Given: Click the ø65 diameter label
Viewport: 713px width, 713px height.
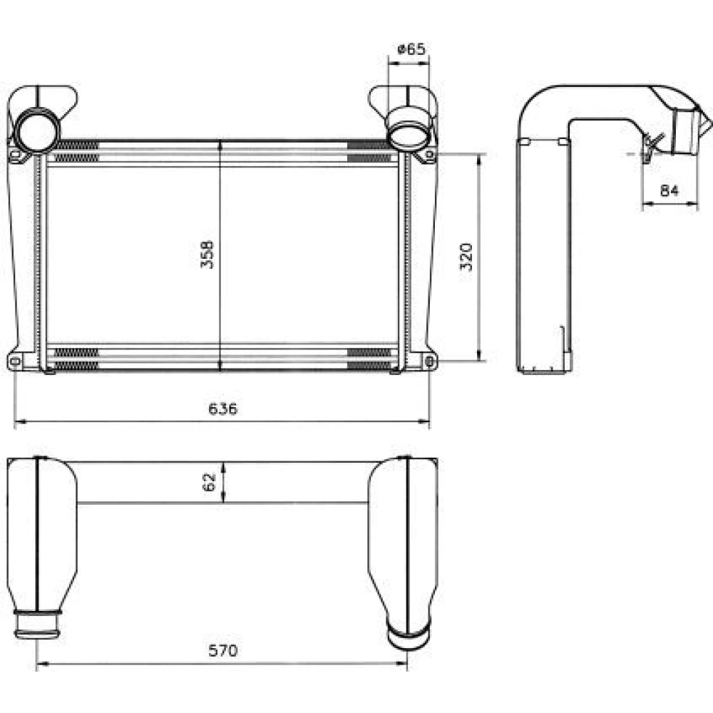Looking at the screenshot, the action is (411, 48).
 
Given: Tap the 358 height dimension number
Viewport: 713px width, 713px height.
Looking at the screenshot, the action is (207, 255).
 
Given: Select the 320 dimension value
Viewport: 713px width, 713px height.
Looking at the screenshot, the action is (466, 257).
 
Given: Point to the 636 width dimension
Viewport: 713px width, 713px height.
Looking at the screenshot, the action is (222, 409).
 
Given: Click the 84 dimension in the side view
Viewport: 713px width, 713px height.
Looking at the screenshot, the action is (670, 190).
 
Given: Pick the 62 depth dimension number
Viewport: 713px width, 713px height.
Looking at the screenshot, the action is (209, 482).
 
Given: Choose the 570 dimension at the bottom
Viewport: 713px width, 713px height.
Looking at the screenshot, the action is (222, 651).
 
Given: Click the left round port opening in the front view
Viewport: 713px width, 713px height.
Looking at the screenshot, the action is (38, 130).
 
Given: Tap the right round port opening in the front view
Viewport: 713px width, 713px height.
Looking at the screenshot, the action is (408, 130).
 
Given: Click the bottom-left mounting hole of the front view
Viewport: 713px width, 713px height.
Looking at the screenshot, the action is (14, 361).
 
